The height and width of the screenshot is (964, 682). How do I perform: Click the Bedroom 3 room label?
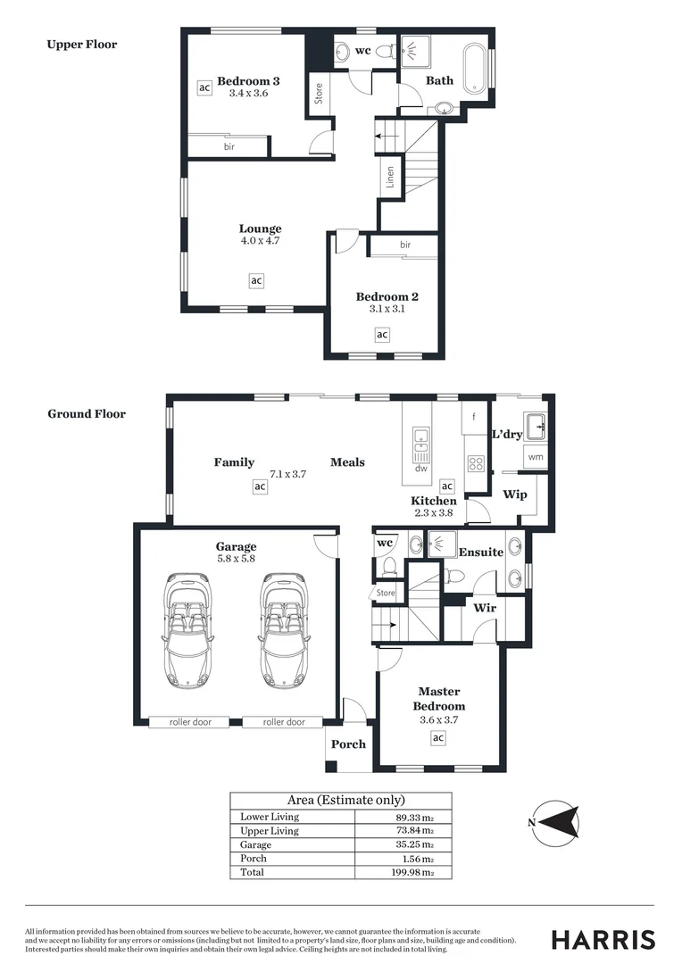(248, 80)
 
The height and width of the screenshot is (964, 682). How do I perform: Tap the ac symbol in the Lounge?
(256, 280)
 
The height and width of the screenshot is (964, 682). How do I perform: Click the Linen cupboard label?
(389, 177)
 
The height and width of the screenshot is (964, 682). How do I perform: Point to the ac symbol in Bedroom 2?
(382, 335)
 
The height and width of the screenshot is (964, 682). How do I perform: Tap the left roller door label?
(190, 722)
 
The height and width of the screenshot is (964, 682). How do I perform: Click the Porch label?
(348, 744)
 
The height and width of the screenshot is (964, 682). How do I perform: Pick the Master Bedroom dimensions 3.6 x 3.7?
(438, 719)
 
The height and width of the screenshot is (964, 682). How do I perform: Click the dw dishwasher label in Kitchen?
(420, 469)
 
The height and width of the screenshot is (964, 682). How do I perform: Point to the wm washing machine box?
(536, 457)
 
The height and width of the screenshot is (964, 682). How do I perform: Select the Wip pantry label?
(515, 494)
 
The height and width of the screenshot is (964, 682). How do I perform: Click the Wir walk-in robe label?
(485, 608)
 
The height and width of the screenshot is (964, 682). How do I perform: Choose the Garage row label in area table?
(256, 844)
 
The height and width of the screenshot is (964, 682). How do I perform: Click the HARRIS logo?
(603, 939)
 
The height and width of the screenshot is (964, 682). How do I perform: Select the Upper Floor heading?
(81, 44)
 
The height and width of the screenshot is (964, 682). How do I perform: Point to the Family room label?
(234, 461)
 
